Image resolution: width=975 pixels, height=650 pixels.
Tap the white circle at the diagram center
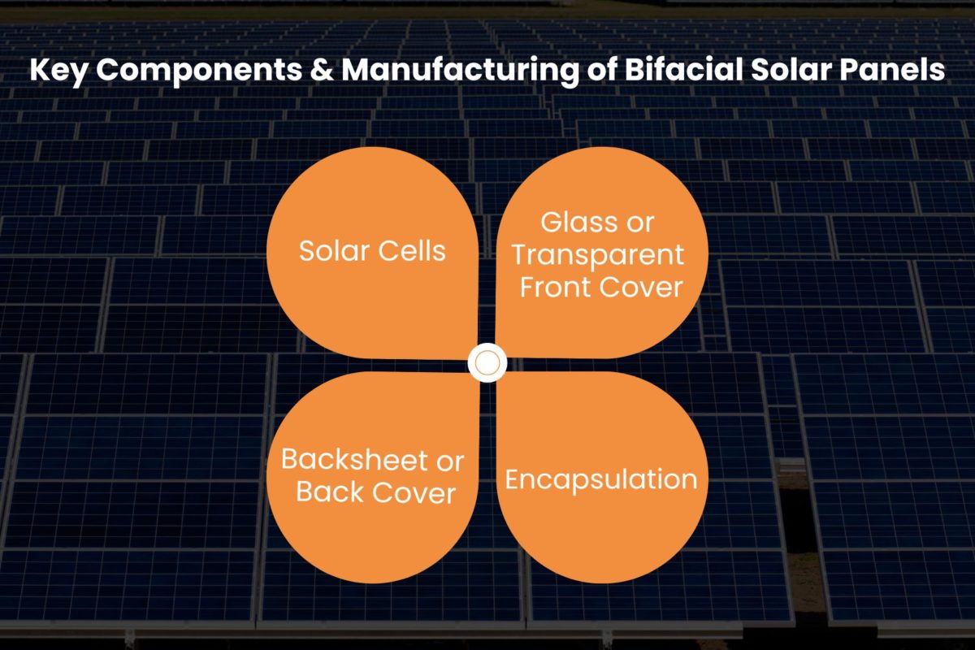pyautogui.click(x=487, y=363)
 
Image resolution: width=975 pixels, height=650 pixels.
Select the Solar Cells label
pyautogui.click(x=372, y=250)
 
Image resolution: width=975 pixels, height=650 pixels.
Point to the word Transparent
pyautogui.click(x=600, y=254)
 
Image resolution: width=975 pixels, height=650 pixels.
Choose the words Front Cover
pyautogui.click(x=601, y=287)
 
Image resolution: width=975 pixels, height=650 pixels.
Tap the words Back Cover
pyautogui.click(x=375, y=492)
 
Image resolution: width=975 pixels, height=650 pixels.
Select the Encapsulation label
pyautogui.click(x=601, y=479)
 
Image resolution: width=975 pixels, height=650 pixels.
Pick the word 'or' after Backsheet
pyautogui.click(x=449, y=461)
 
